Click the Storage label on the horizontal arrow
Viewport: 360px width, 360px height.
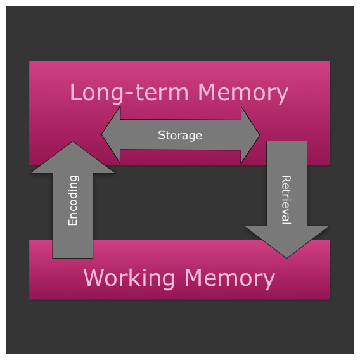point(180,135)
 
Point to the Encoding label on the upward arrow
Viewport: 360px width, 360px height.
point(73,200)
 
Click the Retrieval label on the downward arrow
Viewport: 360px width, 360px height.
point(286,200)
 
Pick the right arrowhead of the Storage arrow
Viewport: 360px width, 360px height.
point(252,134)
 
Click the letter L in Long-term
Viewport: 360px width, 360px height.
point(75,93)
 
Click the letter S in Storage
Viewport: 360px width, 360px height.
point(161,135)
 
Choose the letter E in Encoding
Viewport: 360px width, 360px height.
point(73,222)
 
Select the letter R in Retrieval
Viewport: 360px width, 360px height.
point(286,179)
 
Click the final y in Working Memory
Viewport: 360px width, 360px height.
point(269,281)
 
